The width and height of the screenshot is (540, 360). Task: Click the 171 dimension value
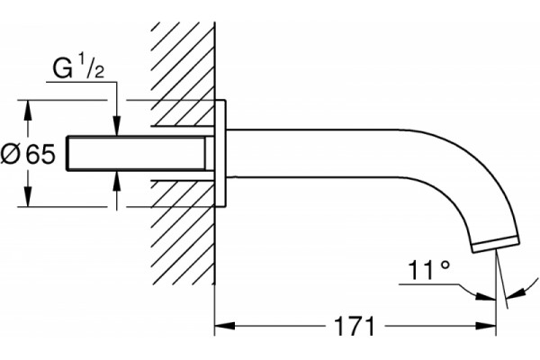355,326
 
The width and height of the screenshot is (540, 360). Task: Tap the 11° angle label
428,270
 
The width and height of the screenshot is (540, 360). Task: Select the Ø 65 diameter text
28,154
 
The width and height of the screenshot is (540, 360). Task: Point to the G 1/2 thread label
78,67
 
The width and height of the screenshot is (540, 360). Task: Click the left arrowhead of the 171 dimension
224,326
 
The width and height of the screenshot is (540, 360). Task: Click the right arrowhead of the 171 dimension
486,326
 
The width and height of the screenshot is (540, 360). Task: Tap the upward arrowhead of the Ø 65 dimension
28,110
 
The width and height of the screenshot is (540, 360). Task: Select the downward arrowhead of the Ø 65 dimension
28,197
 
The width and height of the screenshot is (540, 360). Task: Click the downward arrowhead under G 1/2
117,126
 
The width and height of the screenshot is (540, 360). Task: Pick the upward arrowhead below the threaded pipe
117,180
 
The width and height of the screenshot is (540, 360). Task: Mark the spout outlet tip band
496,244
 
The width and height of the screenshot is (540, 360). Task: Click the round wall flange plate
220,154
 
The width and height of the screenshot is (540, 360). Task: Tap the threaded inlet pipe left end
67,153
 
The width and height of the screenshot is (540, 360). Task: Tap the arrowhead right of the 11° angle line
515,294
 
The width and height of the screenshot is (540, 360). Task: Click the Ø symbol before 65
12,154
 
